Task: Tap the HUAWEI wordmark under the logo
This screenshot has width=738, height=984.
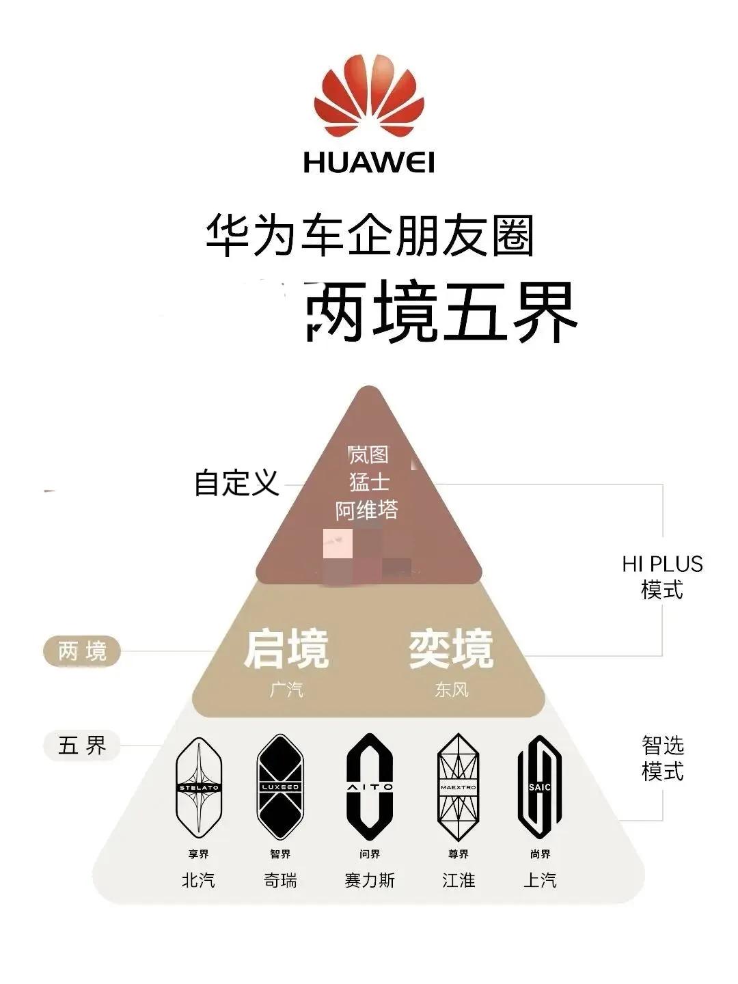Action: pyautogui.click(x=369, y=163)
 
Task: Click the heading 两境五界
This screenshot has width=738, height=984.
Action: pyautogui.click(x=441, y=314)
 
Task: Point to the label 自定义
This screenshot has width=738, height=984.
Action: pyautogui.click(x=236, y=482)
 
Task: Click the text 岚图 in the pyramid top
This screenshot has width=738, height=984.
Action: pyautogui.click(x=368, y=454)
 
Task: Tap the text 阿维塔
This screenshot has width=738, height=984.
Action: pyautogui.click(x=367, y=510)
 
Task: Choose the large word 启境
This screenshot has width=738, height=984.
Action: pyautogui.click(x=286, y=648)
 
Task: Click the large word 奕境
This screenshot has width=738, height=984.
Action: pyautogui.click(x=451, y=648)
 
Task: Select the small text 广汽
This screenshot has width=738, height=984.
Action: pyautogui.click(x=286, y=689)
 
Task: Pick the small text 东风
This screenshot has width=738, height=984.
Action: pyautogui.click(x=452, y=689)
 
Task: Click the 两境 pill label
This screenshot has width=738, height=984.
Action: pyautogui.click(x=82, y=651)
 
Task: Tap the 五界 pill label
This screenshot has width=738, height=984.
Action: pyautogui.click(x=82, y=745)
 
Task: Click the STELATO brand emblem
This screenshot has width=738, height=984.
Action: pyautogui.click(x=199, y=788)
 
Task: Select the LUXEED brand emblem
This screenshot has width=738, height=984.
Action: pyautogui.click(x=280, y=788)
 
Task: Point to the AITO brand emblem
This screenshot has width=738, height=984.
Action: pyautogui.click(x=370, y=788)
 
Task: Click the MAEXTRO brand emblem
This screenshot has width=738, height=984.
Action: pyautogui.click(x=458, y=788)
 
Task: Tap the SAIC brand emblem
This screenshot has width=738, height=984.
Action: pyautogui.click(x=540, y=788)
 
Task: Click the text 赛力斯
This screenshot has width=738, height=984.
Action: pyautogui.click(x=370, y=880)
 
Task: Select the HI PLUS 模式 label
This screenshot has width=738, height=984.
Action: pyautogui.click(x=662, y=576)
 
